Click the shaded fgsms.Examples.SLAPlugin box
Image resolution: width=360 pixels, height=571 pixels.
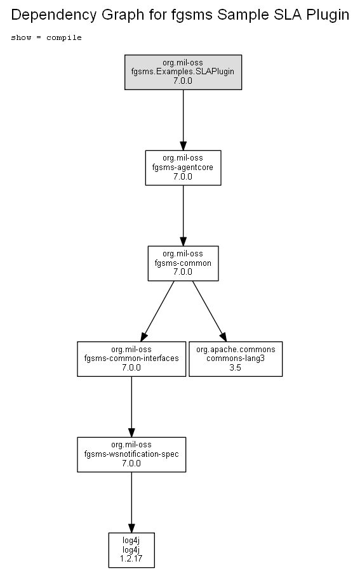pyautogui.click(x=183, y=72)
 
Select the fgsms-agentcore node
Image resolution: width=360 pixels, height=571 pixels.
pyautogui.click(x=183, y=168)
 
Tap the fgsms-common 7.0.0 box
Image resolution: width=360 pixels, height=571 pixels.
pyautogui.click(x=183, y=263)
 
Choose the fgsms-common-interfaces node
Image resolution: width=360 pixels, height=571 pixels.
pyautogui.click(x=131, y=359)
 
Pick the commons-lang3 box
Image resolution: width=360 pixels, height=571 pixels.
pyautogui.click(x=236, y=359)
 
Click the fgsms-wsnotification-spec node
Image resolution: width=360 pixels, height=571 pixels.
pyautogui.click(x=131, y=454)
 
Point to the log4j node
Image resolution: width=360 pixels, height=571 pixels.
pyautogui.click(x=131, y=550)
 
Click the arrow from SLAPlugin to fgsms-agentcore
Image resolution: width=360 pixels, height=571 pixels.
pyautogui.click(x=183, y=120)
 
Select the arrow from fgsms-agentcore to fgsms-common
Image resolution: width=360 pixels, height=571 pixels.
pyautogui.click(x=183, y=216)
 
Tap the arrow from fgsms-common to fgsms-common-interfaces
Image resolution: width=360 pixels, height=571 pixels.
pyautogui.click(x=157, y=311)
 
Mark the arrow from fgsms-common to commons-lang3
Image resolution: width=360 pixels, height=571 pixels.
pyautogui.click(x=210, y=311)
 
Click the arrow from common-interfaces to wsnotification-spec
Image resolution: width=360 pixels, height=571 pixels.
pyautogui.click(x=131, y=407)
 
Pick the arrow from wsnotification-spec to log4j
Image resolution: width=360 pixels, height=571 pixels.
pyautogui.click(x=131, y=502)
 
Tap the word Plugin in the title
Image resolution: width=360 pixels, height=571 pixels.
pyautogui.click(x=328, y=15)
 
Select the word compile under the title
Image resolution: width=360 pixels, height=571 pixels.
pyautogui.click(x=63, y=37)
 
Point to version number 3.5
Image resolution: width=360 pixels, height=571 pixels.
pyautogui.click(x=236, y=367)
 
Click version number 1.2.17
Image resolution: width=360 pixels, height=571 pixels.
pyautogui.click(x=131, y=558)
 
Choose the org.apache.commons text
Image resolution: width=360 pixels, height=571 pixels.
pyautogui.click(x=236, y=350)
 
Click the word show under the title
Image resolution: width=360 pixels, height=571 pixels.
pyautogui.click(x=21, y=37)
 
